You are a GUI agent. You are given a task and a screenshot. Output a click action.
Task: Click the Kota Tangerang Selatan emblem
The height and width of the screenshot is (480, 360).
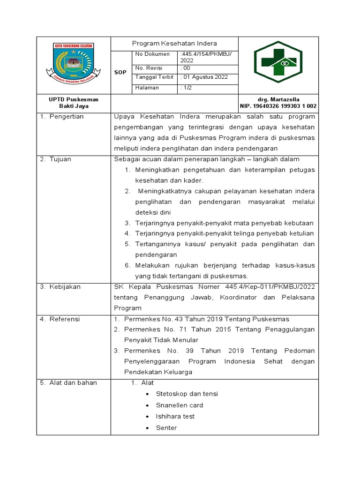point(73,64)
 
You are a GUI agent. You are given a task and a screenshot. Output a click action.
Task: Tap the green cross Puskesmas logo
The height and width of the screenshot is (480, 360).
point(278,64)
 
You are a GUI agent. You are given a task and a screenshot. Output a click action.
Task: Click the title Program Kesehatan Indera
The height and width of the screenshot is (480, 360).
point(174,43)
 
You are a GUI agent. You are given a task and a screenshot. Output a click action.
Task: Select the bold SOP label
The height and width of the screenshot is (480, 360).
point(120,72)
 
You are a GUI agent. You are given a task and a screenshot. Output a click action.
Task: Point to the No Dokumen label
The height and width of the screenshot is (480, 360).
point(152,54)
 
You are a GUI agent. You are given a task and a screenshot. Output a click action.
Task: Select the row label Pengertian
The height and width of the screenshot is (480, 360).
point(67,117)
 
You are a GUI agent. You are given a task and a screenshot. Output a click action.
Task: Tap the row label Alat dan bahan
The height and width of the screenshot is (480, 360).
point(73,383)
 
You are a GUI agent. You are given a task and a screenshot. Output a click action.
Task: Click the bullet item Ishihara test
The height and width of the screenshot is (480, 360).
point(175,416)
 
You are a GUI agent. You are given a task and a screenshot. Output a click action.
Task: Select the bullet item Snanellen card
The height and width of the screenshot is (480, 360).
point(180,405)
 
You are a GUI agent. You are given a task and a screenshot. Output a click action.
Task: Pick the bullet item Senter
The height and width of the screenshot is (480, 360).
point(166,427)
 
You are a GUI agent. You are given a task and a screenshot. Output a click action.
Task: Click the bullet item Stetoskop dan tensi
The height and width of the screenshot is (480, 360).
point(187,394)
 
